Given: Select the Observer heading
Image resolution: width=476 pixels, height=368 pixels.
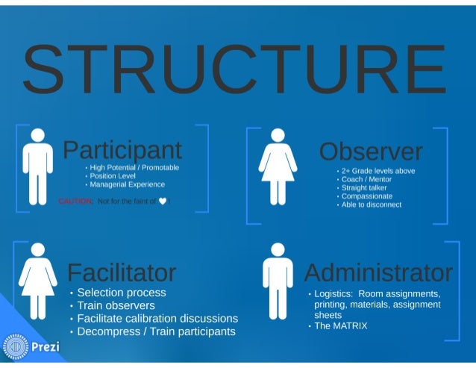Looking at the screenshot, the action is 370,151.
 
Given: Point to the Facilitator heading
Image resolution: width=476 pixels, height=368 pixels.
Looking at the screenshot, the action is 122,272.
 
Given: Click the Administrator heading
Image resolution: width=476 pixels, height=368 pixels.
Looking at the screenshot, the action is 378,272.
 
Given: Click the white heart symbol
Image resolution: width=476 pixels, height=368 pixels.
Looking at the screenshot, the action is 162,201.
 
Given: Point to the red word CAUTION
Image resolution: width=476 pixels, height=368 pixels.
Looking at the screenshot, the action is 75,201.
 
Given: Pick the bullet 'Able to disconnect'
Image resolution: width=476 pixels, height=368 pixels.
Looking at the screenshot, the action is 371,205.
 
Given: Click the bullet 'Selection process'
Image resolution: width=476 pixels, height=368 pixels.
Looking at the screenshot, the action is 121,293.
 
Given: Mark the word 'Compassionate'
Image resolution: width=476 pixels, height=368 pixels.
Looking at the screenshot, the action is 368,196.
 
